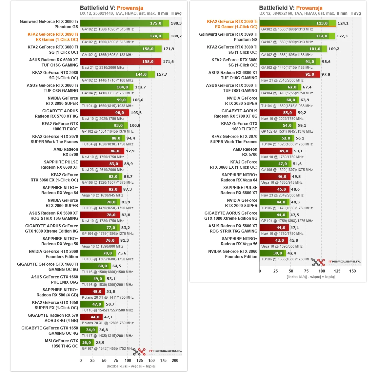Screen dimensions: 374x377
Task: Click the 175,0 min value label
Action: coord(156,23)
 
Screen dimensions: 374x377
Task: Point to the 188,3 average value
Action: coord(176,23)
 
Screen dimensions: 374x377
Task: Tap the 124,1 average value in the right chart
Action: coord(343,23)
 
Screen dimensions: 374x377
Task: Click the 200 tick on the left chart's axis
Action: coord(175,360)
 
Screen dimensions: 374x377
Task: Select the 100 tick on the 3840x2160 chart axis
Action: coord(322,271)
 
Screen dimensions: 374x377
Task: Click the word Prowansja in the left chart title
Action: coord(130,8)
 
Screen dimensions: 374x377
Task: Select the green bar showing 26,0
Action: coord(87,343)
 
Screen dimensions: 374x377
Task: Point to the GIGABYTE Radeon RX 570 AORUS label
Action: coord(53,318)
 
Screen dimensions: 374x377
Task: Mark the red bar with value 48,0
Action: coord(92,291)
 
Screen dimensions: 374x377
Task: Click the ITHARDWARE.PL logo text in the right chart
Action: coord(345,262)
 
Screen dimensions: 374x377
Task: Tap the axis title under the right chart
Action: coord(310,277)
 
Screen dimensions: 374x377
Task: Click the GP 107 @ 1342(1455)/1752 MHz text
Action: coord(108,348)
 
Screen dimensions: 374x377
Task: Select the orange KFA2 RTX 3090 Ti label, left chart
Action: coord(53,37)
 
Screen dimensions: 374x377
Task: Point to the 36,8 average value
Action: coord(103,330)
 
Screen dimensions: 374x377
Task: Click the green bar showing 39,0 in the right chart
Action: coord(272,253)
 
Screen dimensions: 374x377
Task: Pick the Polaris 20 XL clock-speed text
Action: coord(108,323)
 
